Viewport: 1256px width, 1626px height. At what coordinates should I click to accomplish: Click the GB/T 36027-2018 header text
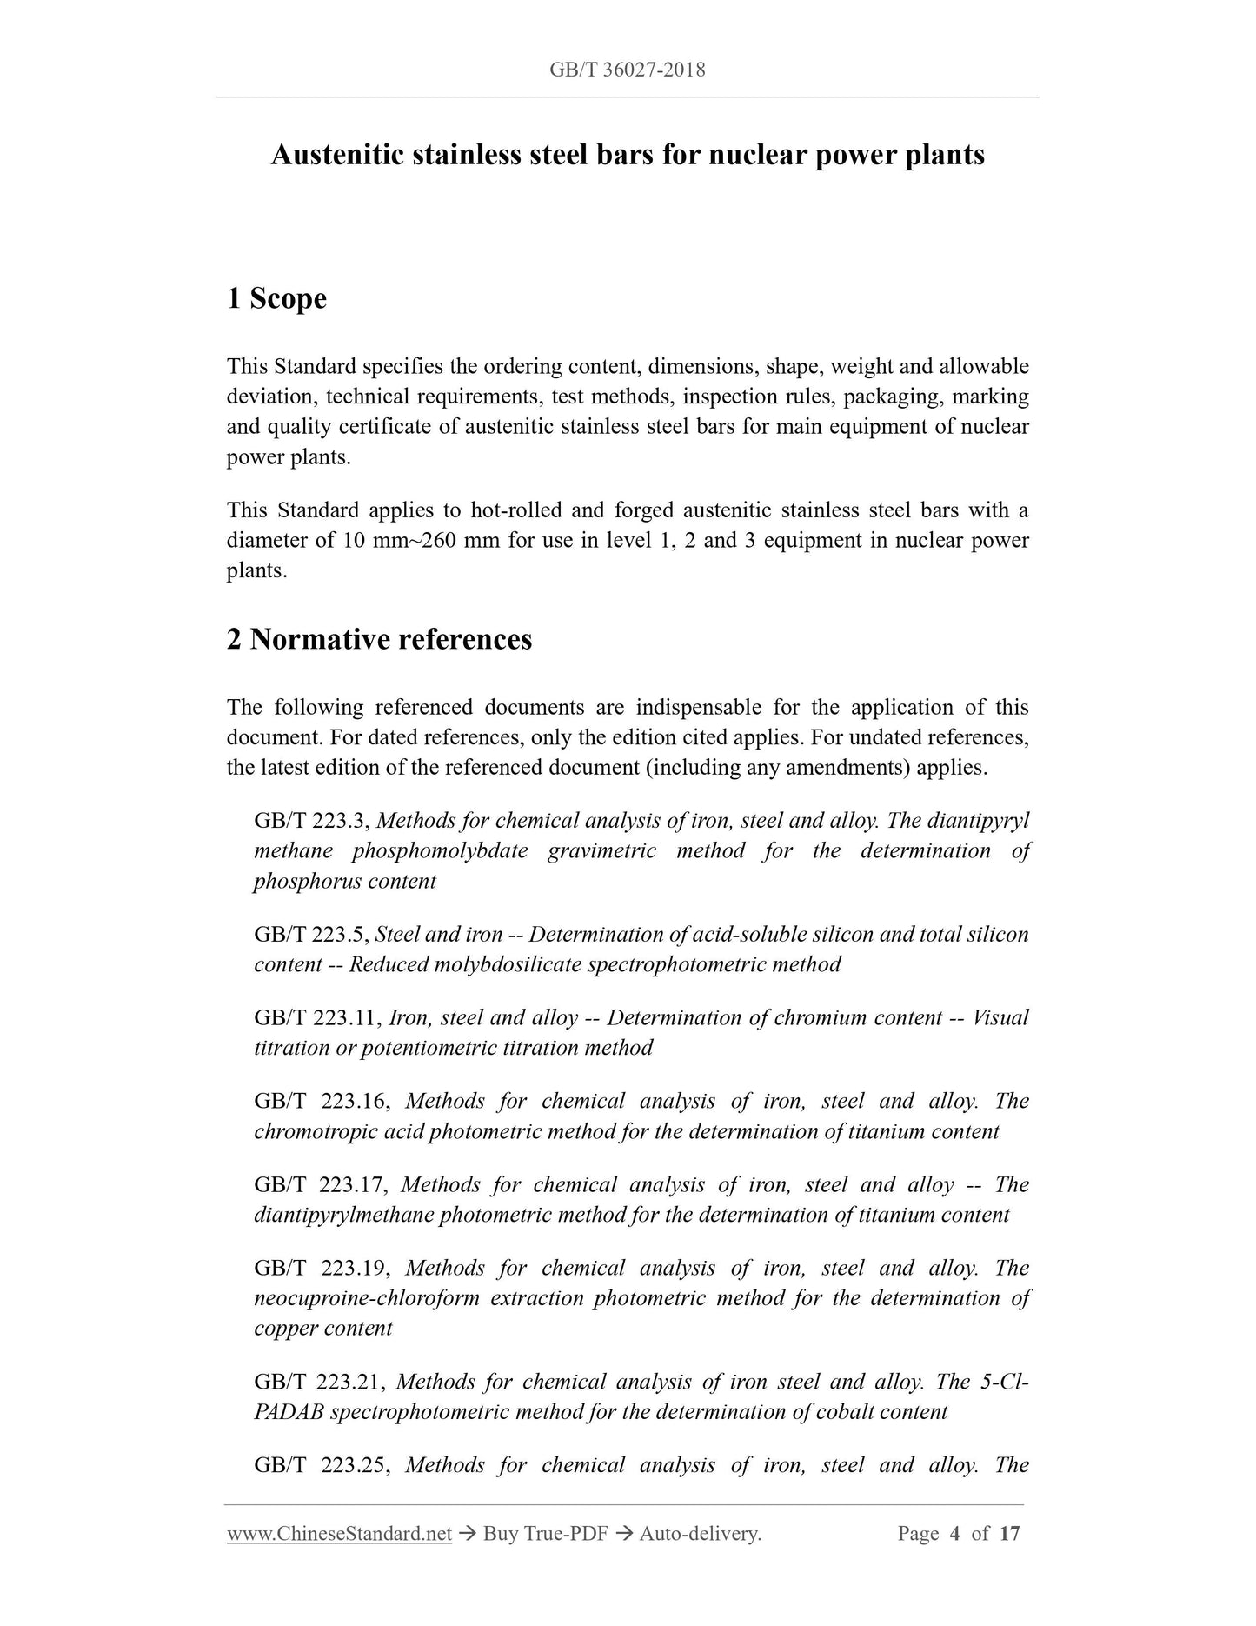click(627, 70)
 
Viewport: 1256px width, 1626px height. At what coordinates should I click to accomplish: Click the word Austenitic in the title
click(336, 155)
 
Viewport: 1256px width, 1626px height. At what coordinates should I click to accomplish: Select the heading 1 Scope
click(276, 298)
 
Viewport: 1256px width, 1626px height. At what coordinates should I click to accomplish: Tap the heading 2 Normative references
click(379, 639)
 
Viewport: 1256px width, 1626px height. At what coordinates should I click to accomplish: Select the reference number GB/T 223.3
click(313, 821)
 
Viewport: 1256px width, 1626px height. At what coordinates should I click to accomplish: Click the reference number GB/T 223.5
click(313, 935)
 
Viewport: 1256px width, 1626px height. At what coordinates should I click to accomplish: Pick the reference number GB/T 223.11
click(318, 1018)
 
